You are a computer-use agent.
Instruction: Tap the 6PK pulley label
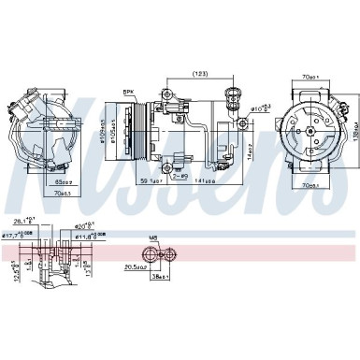pos(128,90)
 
